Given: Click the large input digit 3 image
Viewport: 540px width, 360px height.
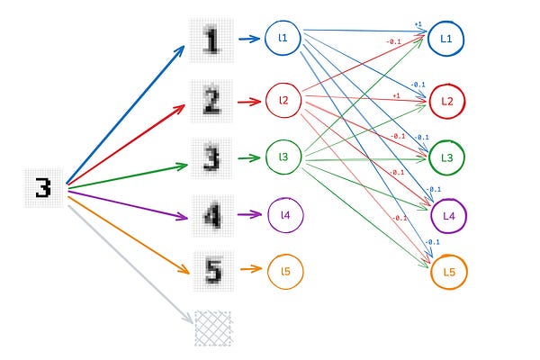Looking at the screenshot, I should point(43,188).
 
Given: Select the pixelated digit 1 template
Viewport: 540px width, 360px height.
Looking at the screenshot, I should point(211,40).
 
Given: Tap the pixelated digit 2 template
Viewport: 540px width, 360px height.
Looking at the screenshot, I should point(211,100).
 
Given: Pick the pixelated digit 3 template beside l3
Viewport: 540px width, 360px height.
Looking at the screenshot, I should point(211,158).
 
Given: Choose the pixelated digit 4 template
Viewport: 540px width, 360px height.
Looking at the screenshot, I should point(211,216).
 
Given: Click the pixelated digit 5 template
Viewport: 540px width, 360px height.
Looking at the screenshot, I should point(211,270).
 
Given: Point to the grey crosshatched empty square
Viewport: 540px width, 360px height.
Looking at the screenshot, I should point(213,328).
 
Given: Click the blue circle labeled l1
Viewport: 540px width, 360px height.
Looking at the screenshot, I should point(283,39).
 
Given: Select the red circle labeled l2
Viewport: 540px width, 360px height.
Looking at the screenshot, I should point(283,100).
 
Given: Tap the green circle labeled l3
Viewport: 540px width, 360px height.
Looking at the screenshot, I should point(283,157).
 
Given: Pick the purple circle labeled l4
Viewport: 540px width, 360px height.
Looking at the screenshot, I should point(286,214).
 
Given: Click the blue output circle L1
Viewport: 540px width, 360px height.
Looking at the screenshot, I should point(447,40).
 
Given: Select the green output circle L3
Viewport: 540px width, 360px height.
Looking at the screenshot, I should point(447,157).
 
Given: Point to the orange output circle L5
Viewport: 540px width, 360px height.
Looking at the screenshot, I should point(448,272).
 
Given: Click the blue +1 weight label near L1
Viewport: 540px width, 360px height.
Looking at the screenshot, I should point(418,24).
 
